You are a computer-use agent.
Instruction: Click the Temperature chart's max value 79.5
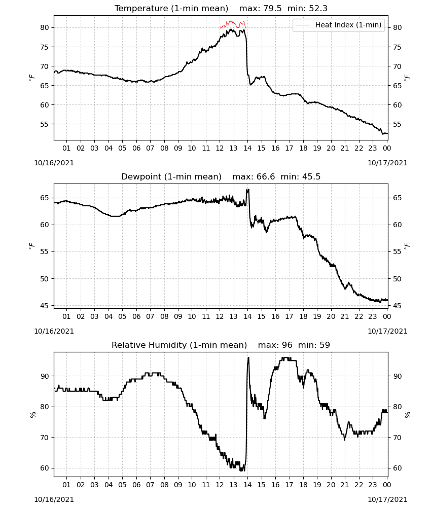pyautogui.click(x=273, y=9)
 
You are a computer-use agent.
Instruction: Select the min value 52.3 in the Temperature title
pyautogui.click(x=318, y=9)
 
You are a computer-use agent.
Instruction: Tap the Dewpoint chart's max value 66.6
pyautogui.click(x=266, y=176)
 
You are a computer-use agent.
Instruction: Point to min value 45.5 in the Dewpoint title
pyautogui.click(x=311, y=176)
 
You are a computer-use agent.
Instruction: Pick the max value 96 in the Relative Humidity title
pyautogui.click(x=287, y=345)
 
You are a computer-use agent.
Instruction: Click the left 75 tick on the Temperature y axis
pyautogui.click(x=45, y=47)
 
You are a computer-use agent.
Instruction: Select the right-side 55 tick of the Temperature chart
pyautogui.click(x=397, y=125)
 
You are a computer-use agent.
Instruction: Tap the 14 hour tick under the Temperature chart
pyautogui.click(x=247, y=148)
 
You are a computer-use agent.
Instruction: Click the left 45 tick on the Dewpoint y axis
pyautogui.click(x=45, y=306)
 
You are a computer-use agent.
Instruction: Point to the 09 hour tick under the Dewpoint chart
pyautogui.click(x=178, y=316)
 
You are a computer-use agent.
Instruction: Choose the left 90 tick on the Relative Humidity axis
pyautogui.click(x=45, y=376)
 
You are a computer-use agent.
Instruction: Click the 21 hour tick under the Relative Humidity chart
pyautogui.click(x=345, y=485)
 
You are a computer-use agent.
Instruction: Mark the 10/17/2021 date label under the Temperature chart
pyautogui.click(x=387, y=163)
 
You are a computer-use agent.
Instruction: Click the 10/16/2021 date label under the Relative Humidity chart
pyautogui.click(x=54, y=499)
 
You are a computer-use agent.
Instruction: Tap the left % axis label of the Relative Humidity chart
pyautogui.click(x=32, y=415)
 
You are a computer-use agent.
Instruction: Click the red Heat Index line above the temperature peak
pyautogui.click(x=231, y=22)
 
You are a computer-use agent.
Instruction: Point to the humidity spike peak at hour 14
pyautogui.click(x=248, y=357)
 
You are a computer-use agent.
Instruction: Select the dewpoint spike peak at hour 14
pyautogui.click(x=248, y=190)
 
